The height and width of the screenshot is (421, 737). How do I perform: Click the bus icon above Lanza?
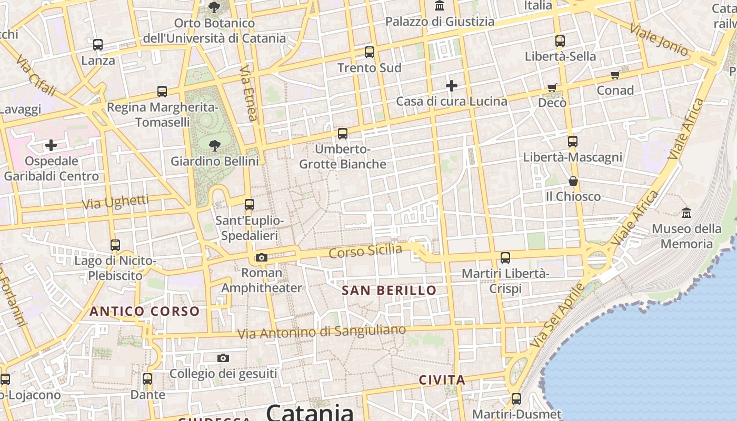(98, 45)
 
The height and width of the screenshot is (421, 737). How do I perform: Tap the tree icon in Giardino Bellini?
(214, 145)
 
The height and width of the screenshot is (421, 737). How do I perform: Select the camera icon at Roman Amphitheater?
(261, 257)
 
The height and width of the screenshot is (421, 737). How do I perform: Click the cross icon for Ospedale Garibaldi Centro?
(51, 145)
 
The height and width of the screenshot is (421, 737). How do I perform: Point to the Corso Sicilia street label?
(365, 251)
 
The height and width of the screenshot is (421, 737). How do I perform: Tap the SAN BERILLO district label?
(389, 290)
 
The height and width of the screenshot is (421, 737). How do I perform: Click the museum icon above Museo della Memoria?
(686, 213)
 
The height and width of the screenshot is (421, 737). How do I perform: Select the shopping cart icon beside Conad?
(615, 75)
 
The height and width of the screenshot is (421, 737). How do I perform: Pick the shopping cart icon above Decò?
(552, 87)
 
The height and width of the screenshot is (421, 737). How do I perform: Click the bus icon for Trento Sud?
(370, 52)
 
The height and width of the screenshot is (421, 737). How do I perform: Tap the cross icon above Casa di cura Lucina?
(452, 85)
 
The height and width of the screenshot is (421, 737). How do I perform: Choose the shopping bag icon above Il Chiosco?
(573, 181)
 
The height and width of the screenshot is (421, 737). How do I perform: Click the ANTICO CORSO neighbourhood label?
(144, 311)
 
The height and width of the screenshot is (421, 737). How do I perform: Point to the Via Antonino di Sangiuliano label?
(322, 332)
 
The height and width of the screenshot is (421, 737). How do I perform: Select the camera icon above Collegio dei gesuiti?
(223, 358)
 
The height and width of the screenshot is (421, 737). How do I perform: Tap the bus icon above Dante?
(147, 379)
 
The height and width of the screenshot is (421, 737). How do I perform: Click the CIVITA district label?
(442, 380)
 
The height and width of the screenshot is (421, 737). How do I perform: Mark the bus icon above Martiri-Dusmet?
(516, 399)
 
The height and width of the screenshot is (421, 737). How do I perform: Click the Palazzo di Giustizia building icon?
(440, 6)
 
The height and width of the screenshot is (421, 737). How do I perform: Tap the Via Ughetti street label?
(115, 202)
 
